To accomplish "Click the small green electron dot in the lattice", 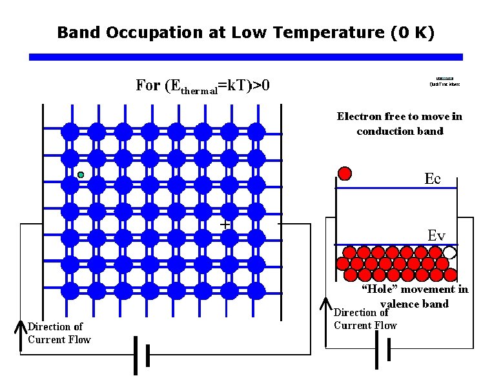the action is pos(81,175).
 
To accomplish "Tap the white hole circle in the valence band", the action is pos(450,253).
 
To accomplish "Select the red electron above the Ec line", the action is pos(345,174).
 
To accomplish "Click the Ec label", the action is pos(433,179).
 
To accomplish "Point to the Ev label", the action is pos(436,235).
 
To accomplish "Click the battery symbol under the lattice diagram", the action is pos(141,355).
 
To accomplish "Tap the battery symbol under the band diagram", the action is pos(382,350).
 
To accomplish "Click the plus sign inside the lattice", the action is pos(225,224).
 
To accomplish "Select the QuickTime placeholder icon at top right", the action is pos(445,81).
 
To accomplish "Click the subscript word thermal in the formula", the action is pos(199,91).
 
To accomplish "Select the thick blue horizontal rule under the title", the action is pos(246,57).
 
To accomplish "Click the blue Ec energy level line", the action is pos(396,188).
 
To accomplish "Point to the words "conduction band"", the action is pos(400,131).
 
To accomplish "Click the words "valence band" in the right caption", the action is pos(414,304).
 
